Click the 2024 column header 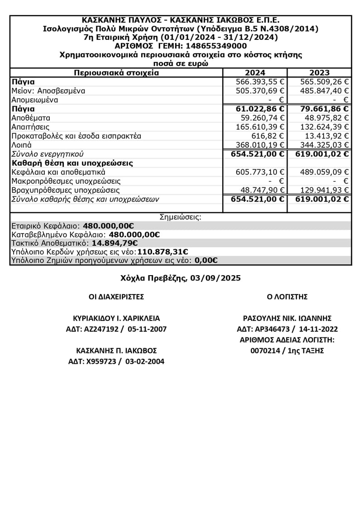(255, 73)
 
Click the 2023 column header (319, 73)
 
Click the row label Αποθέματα (30, 118)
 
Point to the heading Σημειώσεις (181, 217)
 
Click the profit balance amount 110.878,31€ (163, 252)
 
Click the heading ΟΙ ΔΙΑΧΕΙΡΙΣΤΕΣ (116, 297)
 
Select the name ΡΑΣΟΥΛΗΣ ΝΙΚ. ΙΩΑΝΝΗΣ (287, 318)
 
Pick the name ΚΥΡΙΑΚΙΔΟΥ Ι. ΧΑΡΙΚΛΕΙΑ (116, 318)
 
